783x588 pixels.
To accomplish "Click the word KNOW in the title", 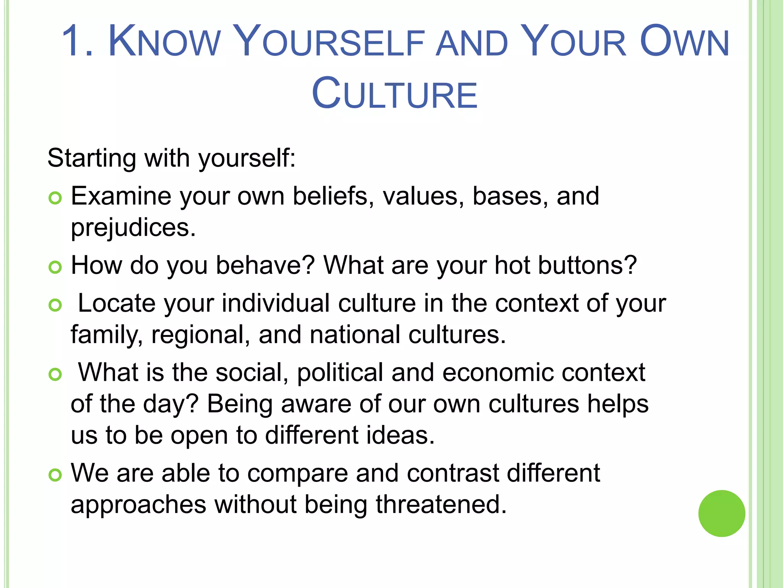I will click(164, 41).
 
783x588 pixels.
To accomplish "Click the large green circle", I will click(721, 513).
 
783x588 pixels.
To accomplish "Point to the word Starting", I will click(92, 158).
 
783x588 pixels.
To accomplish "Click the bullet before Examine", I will click(55, 198).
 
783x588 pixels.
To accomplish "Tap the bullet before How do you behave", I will click(55, 267).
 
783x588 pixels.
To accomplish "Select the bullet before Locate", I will click(55, 305).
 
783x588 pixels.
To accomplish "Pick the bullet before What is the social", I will click(55, 374).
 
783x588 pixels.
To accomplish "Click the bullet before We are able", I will click(55, 475).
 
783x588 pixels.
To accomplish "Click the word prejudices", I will click(133, 228).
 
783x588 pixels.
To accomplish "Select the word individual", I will click(276, 303).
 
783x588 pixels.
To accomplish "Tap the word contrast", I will click(453, 473).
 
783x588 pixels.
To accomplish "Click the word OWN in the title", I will click(684, 41).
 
